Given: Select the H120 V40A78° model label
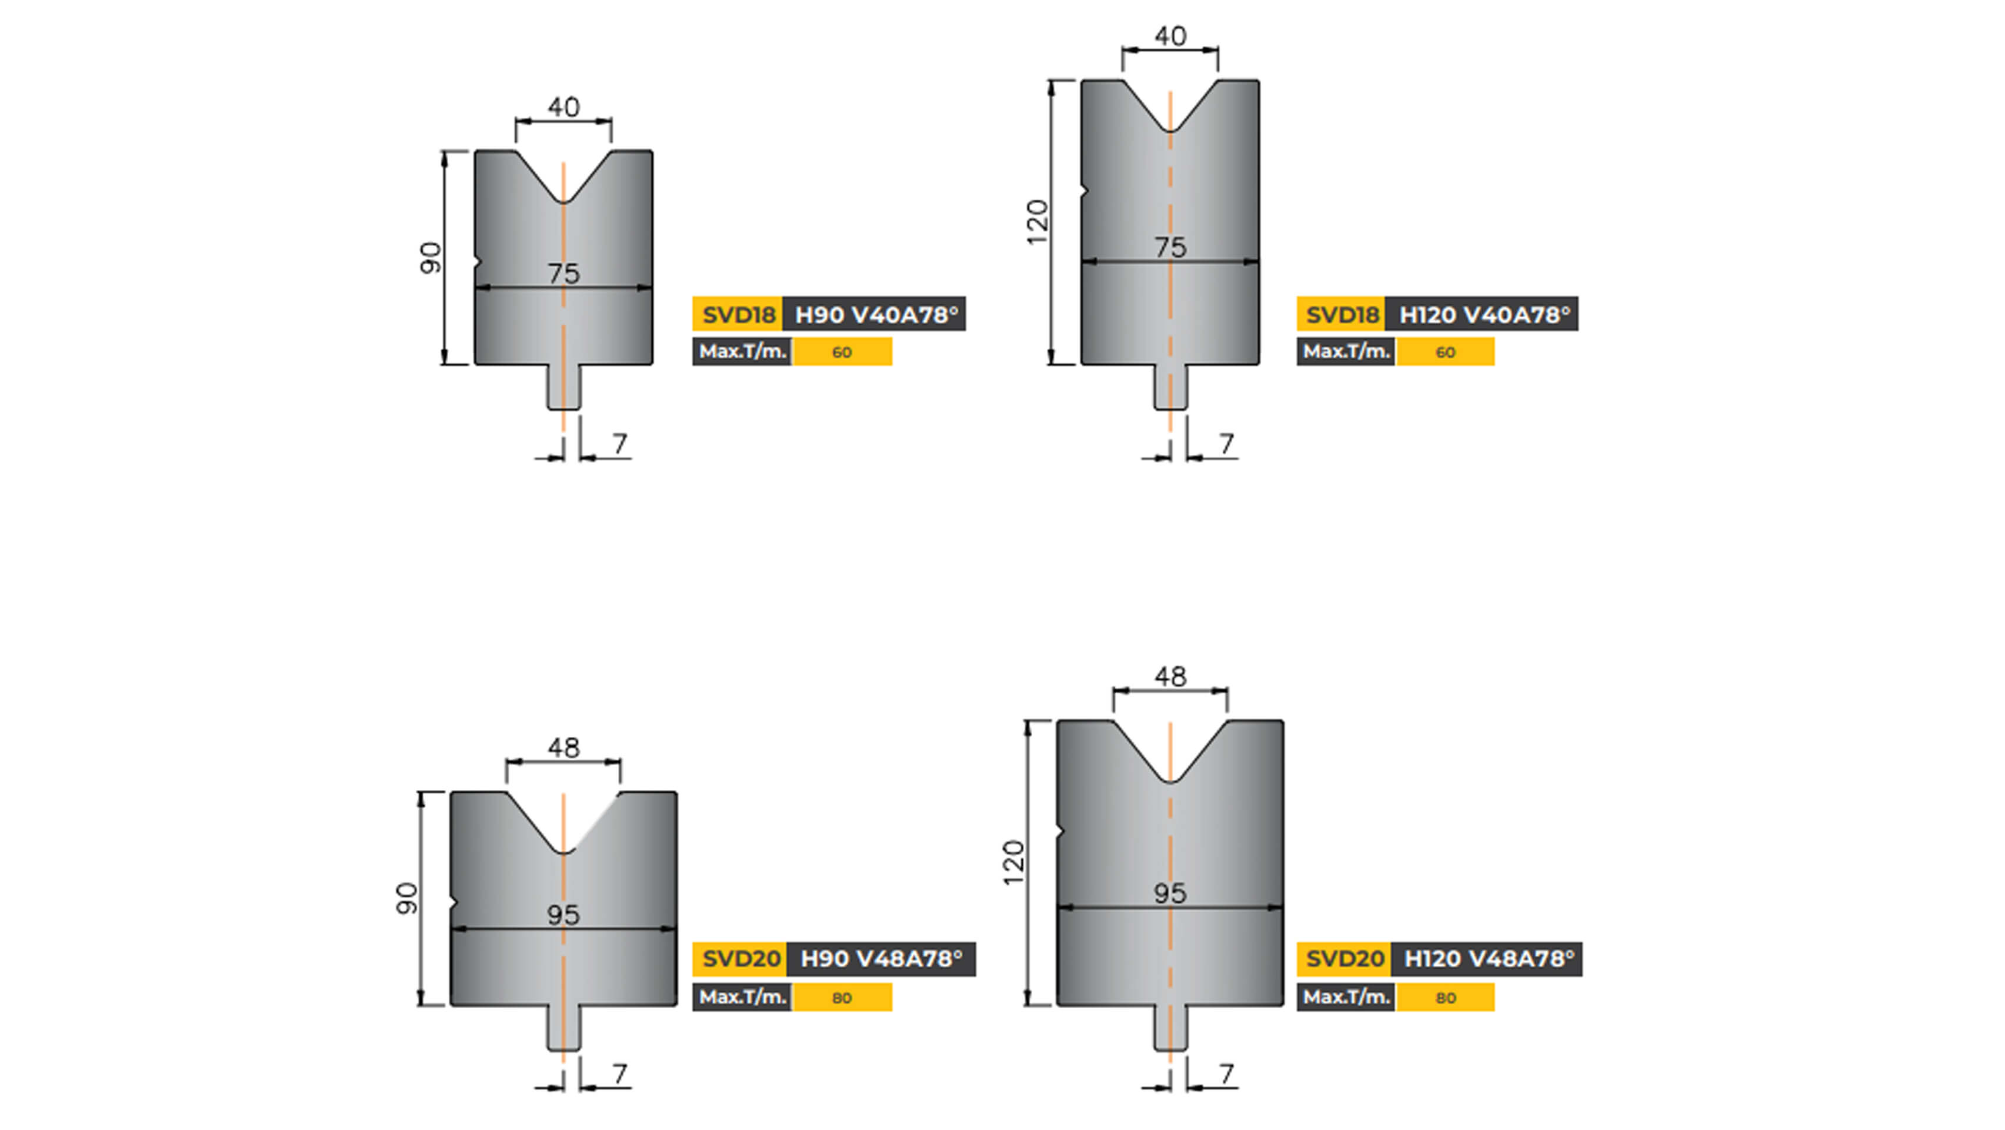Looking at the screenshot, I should coord(1483,315).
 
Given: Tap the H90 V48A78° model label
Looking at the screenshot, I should coord(881,959).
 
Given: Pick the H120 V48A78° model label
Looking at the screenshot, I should coord(1487,959).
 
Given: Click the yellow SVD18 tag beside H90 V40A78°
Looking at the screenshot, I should coord(738,315).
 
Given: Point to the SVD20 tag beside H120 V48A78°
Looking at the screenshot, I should coord(1344,959).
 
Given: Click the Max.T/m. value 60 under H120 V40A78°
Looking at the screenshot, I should coord(1444,352).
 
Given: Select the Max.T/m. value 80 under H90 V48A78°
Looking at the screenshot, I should coord(842,998).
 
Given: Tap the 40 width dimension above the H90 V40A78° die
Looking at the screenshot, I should coord(563,107).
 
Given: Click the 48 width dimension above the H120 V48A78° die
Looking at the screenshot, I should coord(1170,677).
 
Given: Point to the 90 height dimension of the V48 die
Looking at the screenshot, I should coord(406,898).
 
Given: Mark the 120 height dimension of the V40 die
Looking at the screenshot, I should coord(1037,222).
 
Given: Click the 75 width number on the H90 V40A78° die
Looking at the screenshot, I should coord(563,273).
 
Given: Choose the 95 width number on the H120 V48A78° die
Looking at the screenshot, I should coord(1170,893).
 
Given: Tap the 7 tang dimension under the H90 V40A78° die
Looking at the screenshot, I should coord(619,444).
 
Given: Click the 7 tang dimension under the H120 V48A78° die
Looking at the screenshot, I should coord(1227,1075).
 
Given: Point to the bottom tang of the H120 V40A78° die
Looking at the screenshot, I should coord(1170,387).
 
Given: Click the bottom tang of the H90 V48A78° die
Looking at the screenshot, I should coord(563,1029).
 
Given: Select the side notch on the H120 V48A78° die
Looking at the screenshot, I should coord(1060,833).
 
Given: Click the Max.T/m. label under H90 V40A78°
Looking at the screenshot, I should coord(742,352).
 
